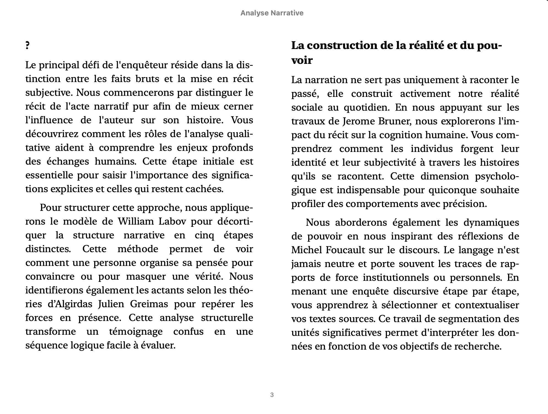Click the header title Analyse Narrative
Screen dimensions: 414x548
pos(272,13)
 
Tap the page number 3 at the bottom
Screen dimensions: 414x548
pos(272,395)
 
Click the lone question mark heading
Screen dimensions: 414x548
pos(27,46)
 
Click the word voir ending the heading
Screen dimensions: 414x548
pos(302,60)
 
